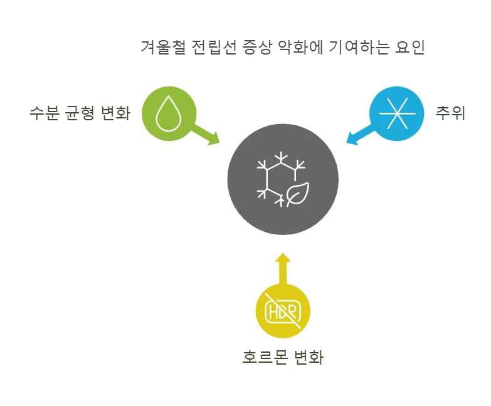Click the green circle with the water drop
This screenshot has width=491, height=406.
click(x=169, y=113)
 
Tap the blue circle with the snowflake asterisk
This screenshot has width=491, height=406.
click(x=397, y=113)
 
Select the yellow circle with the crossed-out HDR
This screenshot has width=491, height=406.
click(x=283, y=311)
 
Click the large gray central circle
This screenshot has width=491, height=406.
click(x=283, y=180)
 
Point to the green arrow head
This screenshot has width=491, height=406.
click(x=213, y=138)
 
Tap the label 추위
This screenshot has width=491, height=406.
click(x=450, y=113)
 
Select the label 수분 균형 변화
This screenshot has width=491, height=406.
click(x=80, y=113)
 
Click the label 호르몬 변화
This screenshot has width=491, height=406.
click(x=283, y=358)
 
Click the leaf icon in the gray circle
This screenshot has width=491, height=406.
click(x=297, y=194)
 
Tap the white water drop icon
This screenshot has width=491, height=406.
click(x=167, y=113)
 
